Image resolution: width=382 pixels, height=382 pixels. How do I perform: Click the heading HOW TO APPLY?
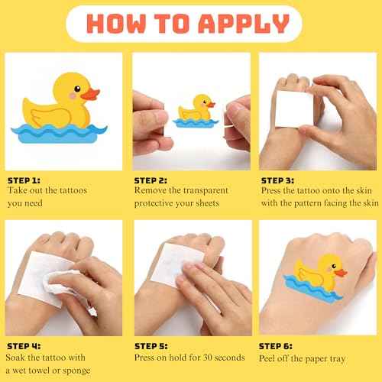click(191, 25)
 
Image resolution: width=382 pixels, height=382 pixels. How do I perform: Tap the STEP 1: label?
click(25, 180)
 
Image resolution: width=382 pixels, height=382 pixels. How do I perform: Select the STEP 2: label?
click(151, 180)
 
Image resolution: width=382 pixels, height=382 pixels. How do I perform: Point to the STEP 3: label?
click(279, 180)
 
